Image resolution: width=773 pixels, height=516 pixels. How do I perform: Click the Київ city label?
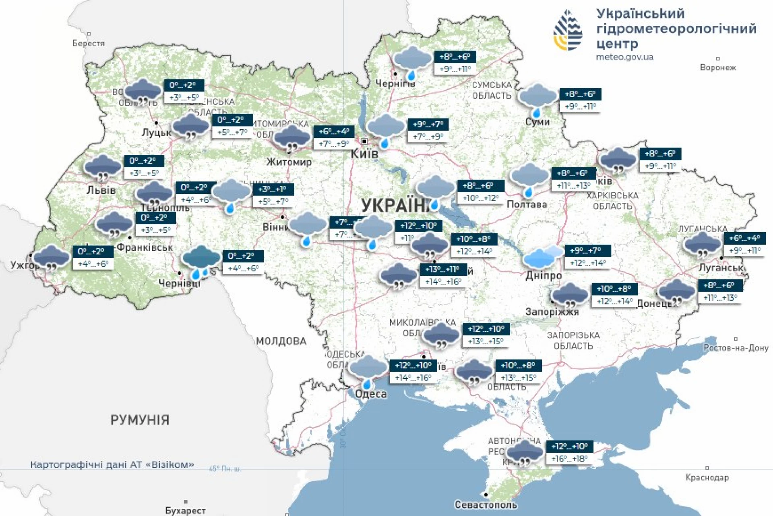tap(364, 154)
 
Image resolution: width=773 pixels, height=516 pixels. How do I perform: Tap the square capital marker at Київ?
tap(364, 141)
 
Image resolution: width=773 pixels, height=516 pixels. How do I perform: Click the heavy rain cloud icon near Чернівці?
tap(201, 261)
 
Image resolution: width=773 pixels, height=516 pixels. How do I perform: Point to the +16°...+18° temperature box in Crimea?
tap(569, 459)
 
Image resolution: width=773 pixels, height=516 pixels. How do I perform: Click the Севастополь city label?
tap(486, 505)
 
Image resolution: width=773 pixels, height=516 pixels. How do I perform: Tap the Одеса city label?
tap(371, 394)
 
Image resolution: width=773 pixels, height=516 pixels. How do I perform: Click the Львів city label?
tap(101, 190)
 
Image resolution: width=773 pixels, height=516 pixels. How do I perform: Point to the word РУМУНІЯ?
tap(140, 420)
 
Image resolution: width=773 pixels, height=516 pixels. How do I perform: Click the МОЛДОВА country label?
tap(281, 341)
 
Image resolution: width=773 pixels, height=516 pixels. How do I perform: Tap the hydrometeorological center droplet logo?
tap(568, 31)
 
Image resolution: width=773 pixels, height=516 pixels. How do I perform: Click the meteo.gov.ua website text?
tap(624, 57)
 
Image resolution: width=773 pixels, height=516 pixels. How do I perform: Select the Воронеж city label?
tap(717, 68)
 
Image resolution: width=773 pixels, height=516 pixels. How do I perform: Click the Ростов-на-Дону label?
tap(736, 348)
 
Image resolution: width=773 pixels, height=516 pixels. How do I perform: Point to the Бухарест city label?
tap(185, 510)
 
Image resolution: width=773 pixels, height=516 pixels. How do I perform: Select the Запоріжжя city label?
tap(552, 312)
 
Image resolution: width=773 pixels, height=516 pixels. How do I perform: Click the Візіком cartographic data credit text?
tap(112, 465)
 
